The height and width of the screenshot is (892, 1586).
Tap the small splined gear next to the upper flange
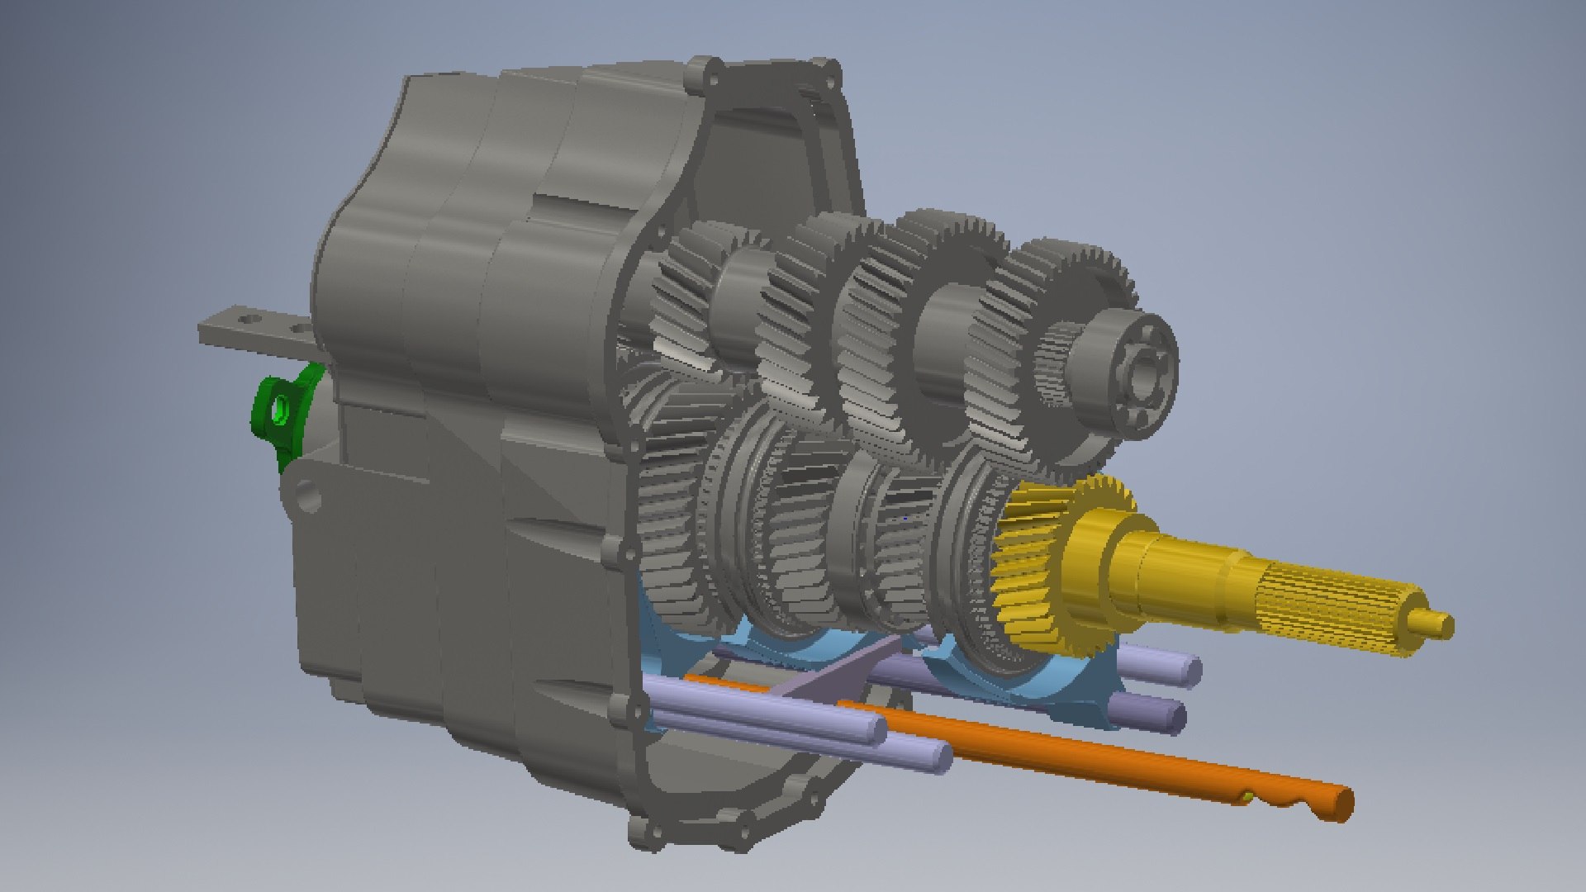1057,363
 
